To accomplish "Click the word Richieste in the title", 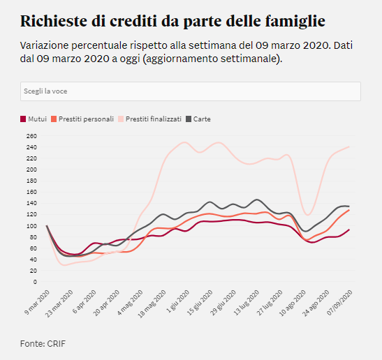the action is pos(54,21).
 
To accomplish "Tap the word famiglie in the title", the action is pos(295,22).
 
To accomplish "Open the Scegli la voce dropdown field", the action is pos(191,91).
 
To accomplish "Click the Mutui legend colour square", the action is pos(23,119).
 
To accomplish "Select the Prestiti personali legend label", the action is pos(86,119).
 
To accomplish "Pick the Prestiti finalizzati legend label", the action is pos(154,119).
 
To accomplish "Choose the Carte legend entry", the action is pos(198,119).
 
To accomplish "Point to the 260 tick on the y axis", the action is pos(31,136).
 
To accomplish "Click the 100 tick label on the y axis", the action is pos(31,225).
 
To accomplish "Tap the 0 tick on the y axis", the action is pos(36,282).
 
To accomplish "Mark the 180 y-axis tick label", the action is pos(31,181).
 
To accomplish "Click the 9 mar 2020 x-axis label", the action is pos(37,302).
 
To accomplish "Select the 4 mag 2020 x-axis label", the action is pos(131,302).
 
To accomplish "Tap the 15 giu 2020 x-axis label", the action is pos(200,303).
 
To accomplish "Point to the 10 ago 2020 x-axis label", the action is pos(293,303).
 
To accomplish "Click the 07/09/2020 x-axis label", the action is pos(340,303).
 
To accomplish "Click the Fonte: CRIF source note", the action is pos(43,344).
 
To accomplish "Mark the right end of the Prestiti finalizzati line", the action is pos(349,147).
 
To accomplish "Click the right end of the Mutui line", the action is pos(349,230).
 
